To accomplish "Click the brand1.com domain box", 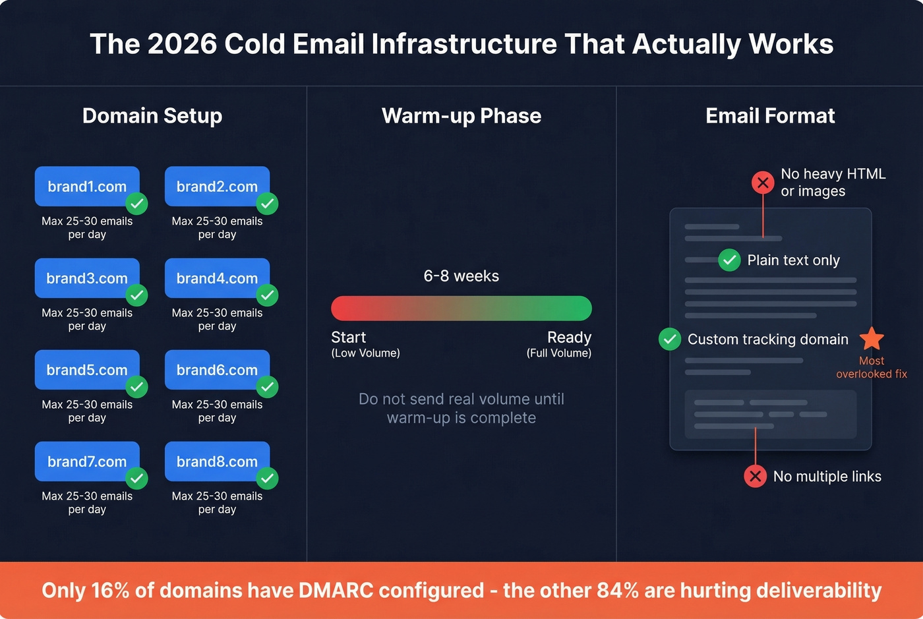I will click(x=87, y=187).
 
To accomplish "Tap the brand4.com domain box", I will click(x=217, y=278).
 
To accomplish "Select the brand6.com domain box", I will click(x=217, y=370).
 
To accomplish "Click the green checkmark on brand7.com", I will click(x=137, y=478).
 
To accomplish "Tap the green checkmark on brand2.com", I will click(x=268, y=203).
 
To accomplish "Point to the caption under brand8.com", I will click(x=217, y=502).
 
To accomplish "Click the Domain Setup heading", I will click(x=152, y=116).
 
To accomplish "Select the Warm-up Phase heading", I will click(x=461, y=116).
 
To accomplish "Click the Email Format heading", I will click(x=770, y=116).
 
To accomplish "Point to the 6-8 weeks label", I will click(x=461, y=276).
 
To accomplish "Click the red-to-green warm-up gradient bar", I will click(x=461, y=309).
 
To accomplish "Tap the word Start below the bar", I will click(x=348, y=338).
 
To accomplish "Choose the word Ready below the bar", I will click(x=569, y=338).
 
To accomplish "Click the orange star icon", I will click(x=872, y=339).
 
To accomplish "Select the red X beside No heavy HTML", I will click(x=763, y=182).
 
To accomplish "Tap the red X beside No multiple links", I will click(x=756, y=476).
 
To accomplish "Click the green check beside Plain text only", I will click(x=729, y=260).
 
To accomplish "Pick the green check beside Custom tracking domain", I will click(x=670, y=339).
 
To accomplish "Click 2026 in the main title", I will click(x=182, y=44).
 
